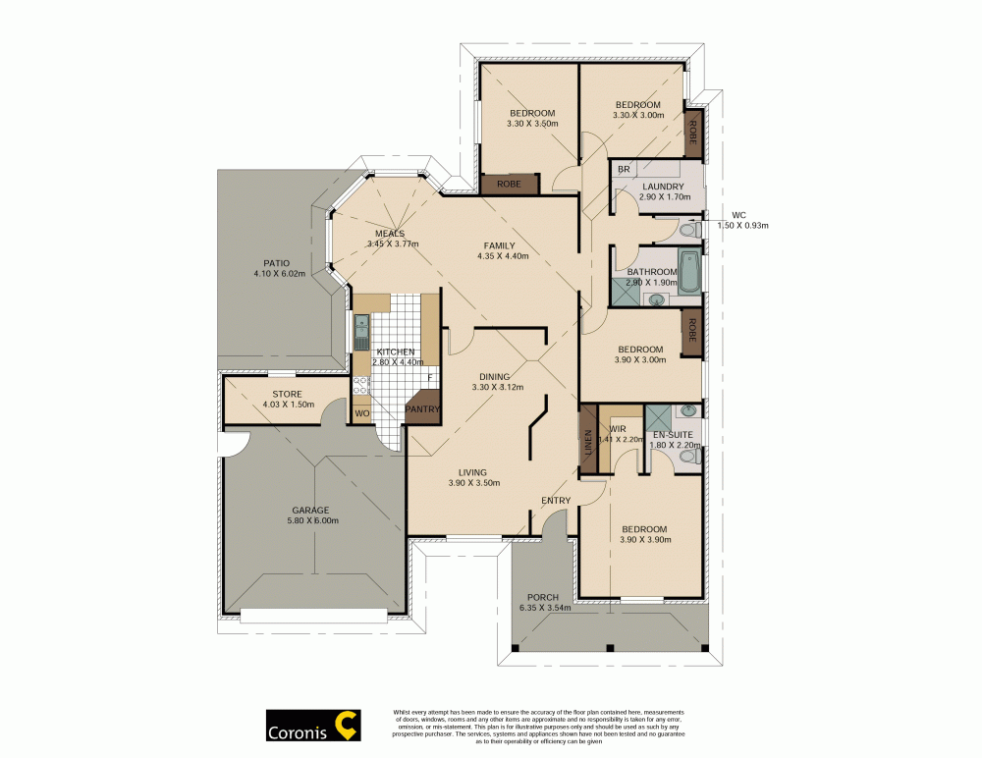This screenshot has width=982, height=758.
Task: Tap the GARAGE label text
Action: (309, 510)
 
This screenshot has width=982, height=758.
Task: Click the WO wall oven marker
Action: (361, 413)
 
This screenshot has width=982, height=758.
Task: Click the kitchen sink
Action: (360, 333)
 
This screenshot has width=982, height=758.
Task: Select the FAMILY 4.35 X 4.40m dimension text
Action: (502, 257)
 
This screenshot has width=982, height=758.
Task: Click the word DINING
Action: (494, 376)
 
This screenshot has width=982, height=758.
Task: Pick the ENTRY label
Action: (556, 501)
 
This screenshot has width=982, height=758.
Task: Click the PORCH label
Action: (542, 597)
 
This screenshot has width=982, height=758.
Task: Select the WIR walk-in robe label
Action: (618, 429)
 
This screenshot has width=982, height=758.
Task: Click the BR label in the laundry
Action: (623, 170)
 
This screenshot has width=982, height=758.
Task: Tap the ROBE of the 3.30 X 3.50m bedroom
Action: (509, 183)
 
